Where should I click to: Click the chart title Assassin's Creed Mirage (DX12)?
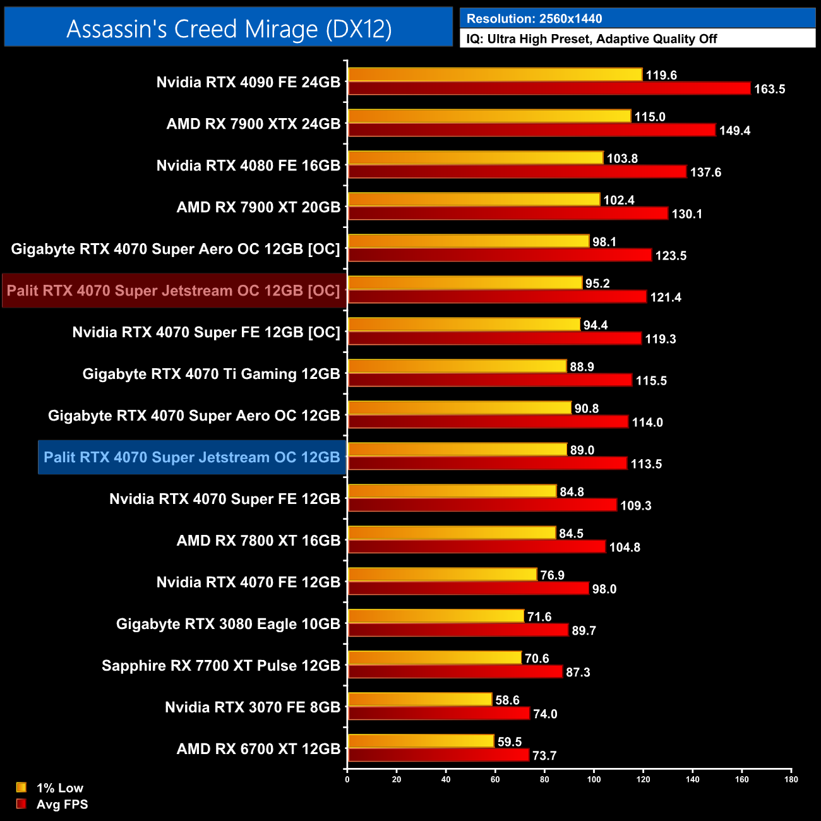[229, 29]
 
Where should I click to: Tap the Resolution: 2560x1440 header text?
[534, 19]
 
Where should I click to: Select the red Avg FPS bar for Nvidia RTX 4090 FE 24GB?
[549, 88]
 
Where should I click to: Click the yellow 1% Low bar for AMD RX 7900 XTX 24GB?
[489, 116]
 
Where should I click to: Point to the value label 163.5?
[769, 89]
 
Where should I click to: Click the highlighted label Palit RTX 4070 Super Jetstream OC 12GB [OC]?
[174, 291]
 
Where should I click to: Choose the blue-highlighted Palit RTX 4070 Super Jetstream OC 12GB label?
[192, 457]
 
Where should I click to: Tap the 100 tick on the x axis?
[594, 779]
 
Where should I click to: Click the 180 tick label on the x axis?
[791, 779]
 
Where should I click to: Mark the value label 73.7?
[544, 756]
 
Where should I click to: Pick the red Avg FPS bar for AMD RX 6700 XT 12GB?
[438, 755]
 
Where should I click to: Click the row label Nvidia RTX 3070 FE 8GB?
[253, 707]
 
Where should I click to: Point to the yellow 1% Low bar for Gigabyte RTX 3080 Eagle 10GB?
[436, 616]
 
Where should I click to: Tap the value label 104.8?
[625, 548]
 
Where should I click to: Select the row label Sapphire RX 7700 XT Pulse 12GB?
[221, 666]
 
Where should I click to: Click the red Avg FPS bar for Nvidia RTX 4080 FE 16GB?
[517, 172]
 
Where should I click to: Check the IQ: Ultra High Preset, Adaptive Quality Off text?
[592, 39]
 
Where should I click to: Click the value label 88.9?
[582, 367]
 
